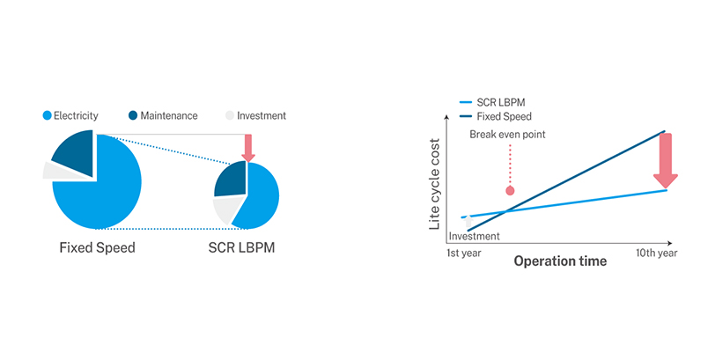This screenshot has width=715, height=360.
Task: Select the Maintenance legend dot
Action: tap(133, 115)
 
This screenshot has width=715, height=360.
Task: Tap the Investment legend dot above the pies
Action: tap(231, 115)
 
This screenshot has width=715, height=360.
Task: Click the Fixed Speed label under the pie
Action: tap(97, 247)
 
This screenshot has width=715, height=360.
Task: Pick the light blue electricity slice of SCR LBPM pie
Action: tap(262, 195)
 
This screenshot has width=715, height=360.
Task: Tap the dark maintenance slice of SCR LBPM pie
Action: tap(231, 179)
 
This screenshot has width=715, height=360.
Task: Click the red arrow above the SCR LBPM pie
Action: tap(248, 147)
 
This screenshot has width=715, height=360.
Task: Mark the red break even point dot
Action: tap(509, 190)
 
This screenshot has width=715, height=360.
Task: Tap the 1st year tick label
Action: tap(465, 253)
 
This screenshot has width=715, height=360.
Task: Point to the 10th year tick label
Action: tap(656, 253)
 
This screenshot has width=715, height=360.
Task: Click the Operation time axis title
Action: tap(560, 261)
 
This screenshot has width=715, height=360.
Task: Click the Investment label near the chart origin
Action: tap(474, 236)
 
